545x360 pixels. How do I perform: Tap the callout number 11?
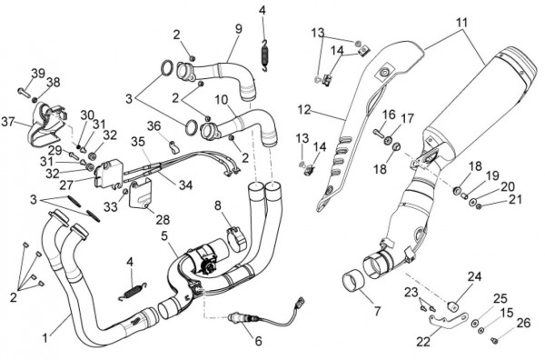[462, 23]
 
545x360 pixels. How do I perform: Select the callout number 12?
[304, 110]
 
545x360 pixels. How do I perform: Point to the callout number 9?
[238, 28]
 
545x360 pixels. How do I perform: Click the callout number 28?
[163, 219]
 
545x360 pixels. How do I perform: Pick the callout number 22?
[423, 342]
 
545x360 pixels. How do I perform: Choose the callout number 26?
[523, 323]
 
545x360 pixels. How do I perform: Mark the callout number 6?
[258, 341]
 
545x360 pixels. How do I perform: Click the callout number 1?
[45, 337]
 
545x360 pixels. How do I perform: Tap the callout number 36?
[154, 126]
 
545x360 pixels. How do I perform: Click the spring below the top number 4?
[265, 56]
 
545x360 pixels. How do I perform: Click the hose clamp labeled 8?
[237, 238]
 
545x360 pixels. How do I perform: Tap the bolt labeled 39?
[25, 93]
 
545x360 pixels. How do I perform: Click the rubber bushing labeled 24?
[453, 307]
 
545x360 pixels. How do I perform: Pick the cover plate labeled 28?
[140, 194]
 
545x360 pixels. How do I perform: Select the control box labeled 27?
[108, 174]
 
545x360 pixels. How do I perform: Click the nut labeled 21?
[479, 206]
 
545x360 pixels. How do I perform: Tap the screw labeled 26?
[493, 340]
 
